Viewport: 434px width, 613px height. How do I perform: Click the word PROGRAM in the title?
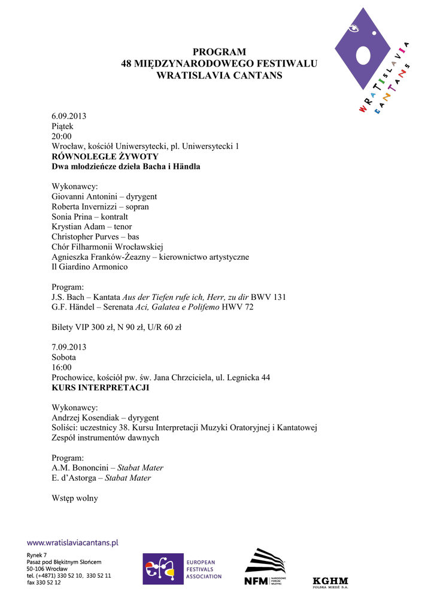tap(219, 52)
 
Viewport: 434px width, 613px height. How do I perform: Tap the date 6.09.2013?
tap(69, 116)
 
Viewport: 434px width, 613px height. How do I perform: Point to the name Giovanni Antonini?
tap(84, 196)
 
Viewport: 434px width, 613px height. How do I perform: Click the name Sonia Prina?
tap(72, 217)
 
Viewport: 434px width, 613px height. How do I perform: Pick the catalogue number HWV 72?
tap(239, 307)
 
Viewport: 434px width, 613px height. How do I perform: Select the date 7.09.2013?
tap(69, 347)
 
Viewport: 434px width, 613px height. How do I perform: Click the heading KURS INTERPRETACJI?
tap(100, 388)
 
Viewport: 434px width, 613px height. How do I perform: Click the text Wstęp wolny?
tap(75, 498)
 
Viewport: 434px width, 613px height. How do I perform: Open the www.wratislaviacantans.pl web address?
tap(72, 542)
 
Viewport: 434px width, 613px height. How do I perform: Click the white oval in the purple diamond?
tap(365, 56)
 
